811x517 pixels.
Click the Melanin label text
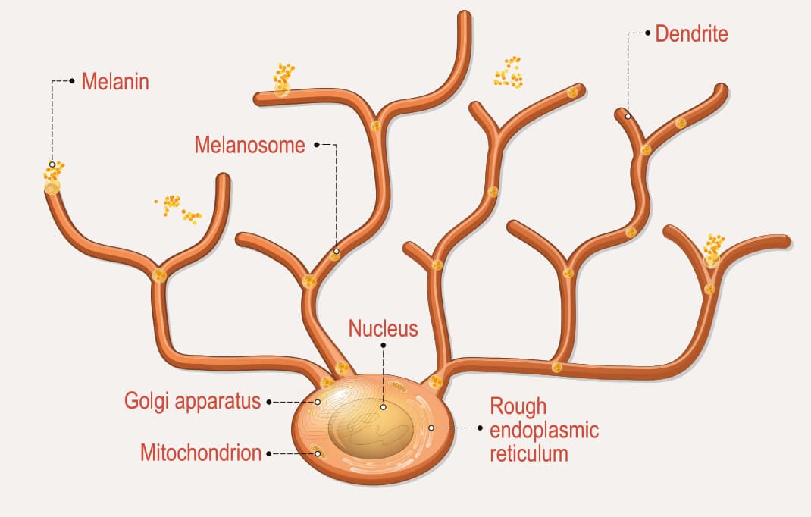pos(114,82)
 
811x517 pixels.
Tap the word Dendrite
pos(691,33)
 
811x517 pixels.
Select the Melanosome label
pos(249,145)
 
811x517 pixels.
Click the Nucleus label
pos(383,328)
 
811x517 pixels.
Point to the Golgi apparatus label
pos(193,401)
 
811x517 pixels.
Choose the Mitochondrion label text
pos(201,453)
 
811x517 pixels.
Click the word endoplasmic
pos(544,431)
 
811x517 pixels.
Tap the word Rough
pos(518,406)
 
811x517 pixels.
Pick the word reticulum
pos(528,454)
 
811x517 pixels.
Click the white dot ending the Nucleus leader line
pos(384,407)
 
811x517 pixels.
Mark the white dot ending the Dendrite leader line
pos(628,116)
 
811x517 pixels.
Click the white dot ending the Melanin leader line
pos(52,164)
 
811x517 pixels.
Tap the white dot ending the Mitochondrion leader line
pos(318,454)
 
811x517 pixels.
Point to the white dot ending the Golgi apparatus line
pos(318,402)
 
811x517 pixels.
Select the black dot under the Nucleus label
pos(384,345)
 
